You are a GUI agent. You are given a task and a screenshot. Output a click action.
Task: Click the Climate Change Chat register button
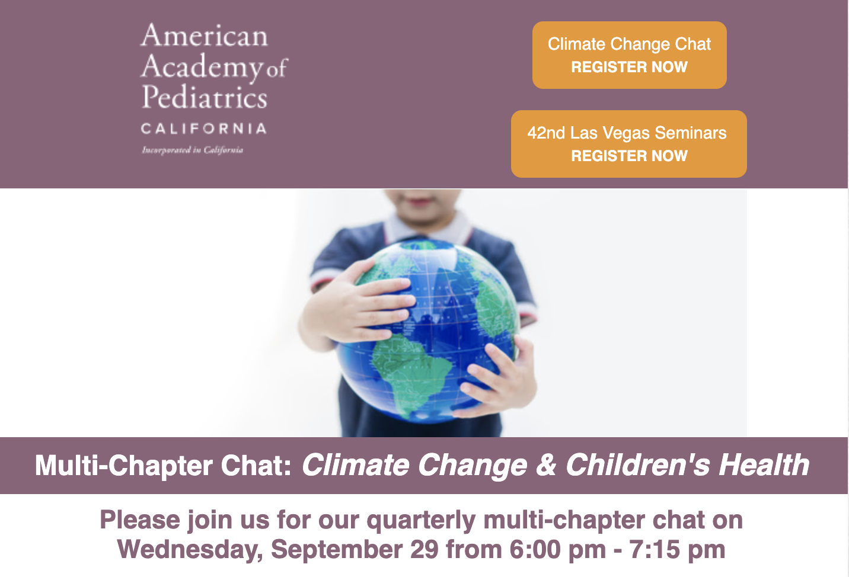click(629, 55)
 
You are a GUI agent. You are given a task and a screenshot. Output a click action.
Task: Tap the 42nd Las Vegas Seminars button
click(629, 144)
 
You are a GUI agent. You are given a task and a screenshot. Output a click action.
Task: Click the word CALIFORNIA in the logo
click(204, 129)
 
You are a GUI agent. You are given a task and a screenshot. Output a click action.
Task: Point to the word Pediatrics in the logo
click(205, 97)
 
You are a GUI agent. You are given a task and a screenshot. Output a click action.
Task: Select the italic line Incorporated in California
click(193, 150)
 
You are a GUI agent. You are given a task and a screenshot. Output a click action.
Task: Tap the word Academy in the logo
click(202, 68)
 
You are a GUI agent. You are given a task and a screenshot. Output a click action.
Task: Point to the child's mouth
click(420, 201)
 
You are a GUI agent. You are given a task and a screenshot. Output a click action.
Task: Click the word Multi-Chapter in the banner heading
click(123, 466)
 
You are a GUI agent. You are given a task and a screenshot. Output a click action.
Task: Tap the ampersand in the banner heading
click(546, 465)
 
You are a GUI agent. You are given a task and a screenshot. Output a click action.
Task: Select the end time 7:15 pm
click(677, 550)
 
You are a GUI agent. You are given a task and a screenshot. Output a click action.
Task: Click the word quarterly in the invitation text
click(421, 521)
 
